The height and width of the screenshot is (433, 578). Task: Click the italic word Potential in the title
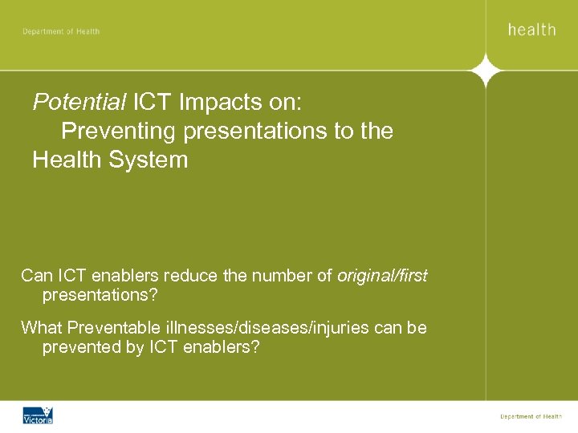tap(79, 103)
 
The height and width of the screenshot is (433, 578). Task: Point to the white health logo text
tap(531, 30)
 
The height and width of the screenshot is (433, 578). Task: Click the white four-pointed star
tap(486, 71)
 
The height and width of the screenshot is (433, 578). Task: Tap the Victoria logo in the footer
tap(38, 415)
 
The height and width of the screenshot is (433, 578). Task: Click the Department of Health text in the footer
tap(531, 416)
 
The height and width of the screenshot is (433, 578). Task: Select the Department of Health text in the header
tap(61, 31)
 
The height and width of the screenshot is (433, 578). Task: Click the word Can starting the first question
tap(36, 277)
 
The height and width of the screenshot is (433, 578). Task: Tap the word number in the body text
tap(277, 277)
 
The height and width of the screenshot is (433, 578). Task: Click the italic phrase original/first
tap(382, 277)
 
